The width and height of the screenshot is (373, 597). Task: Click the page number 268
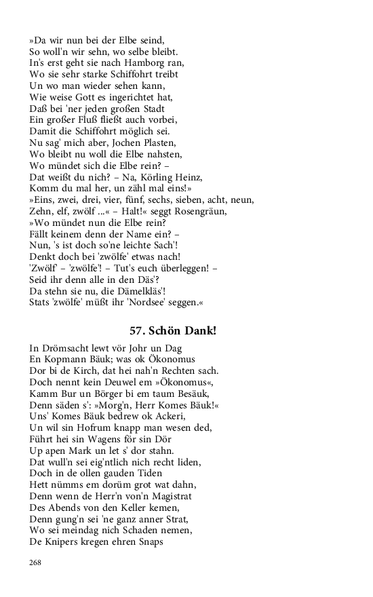click(x=35, y=562)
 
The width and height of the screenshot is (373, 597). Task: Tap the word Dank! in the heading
click(x=201, y=331)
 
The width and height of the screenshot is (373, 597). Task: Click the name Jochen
click(x=117, y=142)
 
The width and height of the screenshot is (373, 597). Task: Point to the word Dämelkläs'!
click(x=133, y=291)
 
